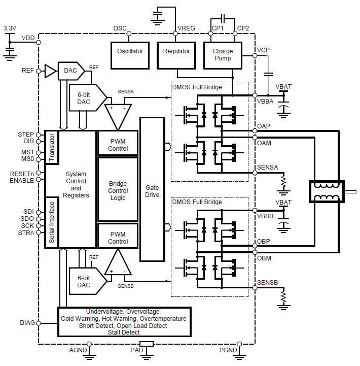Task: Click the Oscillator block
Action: click(x=130, y=52)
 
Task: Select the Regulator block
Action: click(x=176, y=52)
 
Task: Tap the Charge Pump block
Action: click(x=223, y=55)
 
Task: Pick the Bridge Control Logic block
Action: click(x=118, y=190)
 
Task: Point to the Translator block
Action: click(x=52, y=147)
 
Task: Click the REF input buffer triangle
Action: click(x=50, y=71)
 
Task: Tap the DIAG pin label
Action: click(x=27, y=323)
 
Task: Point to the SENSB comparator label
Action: click(x=126, y=286)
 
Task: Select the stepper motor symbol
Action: click(x=327, y=192)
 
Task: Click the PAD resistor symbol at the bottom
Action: click(x=147, y=344)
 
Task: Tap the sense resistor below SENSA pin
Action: click(x=284, y=180)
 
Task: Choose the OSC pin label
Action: click(x=120, y=28)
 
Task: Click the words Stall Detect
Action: click(x=124, y=332)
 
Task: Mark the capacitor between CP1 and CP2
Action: click(x=223, y=20)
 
